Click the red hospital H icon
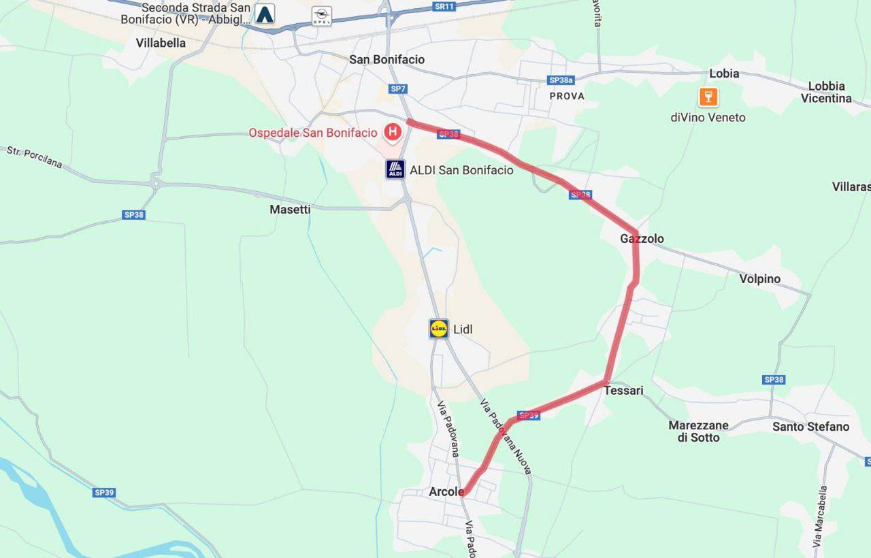click(393, 132)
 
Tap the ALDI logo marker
click(395, 169)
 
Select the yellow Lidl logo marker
click(439, 329)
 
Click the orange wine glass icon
click(708, 97)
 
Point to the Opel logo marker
click(321, 16)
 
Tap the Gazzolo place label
click(642, 239)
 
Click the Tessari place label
click(623, 391)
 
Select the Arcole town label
click(446, 491)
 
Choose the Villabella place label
click(161, 43)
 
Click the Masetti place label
click(290, 210)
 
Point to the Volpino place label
click(760, 279)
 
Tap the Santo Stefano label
click(810, 427)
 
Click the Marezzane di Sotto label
click(698, 431)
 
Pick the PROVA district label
click(567, 96)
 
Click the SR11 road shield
click(443, 7)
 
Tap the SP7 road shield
click(398, 89)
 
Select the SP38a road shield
click(561, 80)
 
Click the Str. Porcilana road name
click(35, 157)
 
